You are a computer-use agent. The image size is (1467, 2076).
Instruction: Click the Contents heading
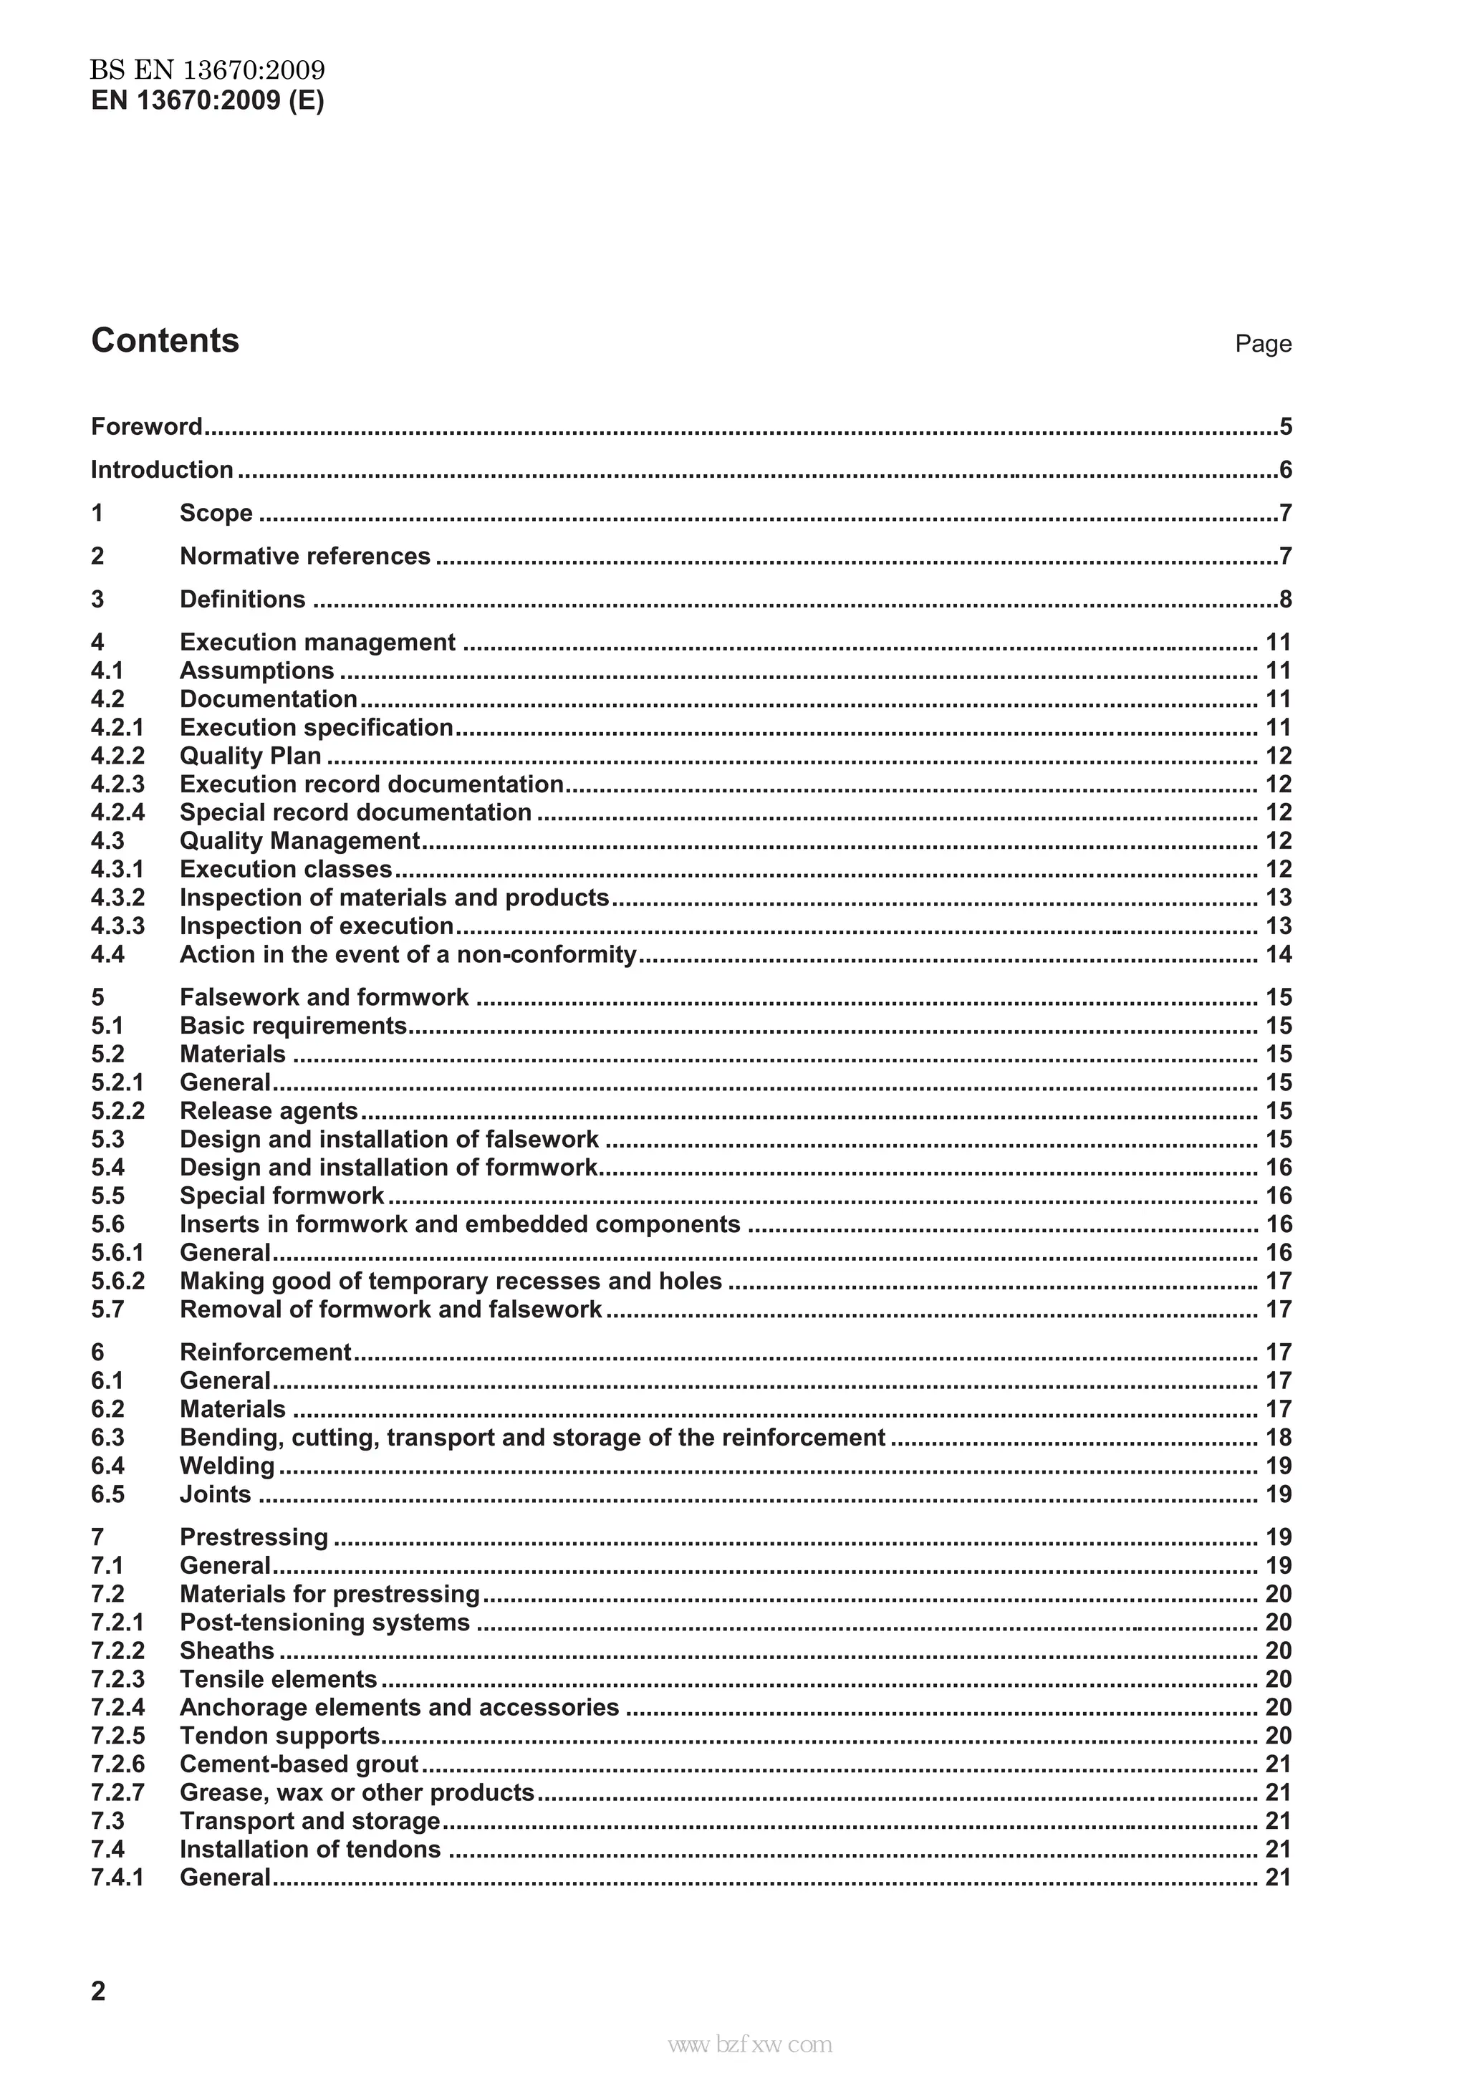click(165, 341)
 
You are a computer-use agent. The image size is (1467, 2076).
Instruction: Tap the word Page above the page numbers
click(1263, 344)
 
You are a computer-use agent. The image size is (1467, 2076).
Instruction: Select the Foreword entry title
click(146, 427)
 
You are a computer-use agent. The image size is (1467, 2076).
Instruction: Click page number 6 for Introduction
click(1284, 470)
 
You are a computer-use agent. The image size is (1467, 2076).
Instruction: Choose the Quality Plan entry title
click(251, 756)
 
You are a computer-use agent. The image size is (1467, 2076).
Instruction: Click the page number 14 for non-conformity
click(1278, 954)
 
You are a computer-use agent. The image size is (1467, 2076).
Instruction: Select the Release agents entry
click(269, 1110)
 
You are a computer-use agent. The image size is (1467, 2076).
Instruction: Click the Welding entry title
click(227, 1466)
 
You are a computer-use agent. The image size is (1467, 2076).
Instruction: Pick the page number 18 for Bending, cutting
click(1278, 1437)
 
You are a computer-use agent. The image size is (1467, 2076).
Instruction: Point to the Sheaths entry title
click(227, 1650)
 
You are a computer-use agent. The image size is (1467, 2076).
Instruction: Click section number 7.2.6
click(117, 1764)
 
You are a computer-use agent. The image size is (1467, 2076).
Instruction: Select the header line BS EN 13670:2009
click(207, 69)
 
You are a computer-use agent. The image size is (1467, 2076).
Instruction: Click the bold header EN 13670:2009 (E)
click(207, 100)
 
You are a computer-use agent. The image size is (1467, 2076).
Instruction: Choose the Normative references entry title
click(304, 556)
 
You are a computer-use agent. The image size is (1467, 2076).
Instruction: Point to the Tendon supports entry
click(279, 1735)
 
